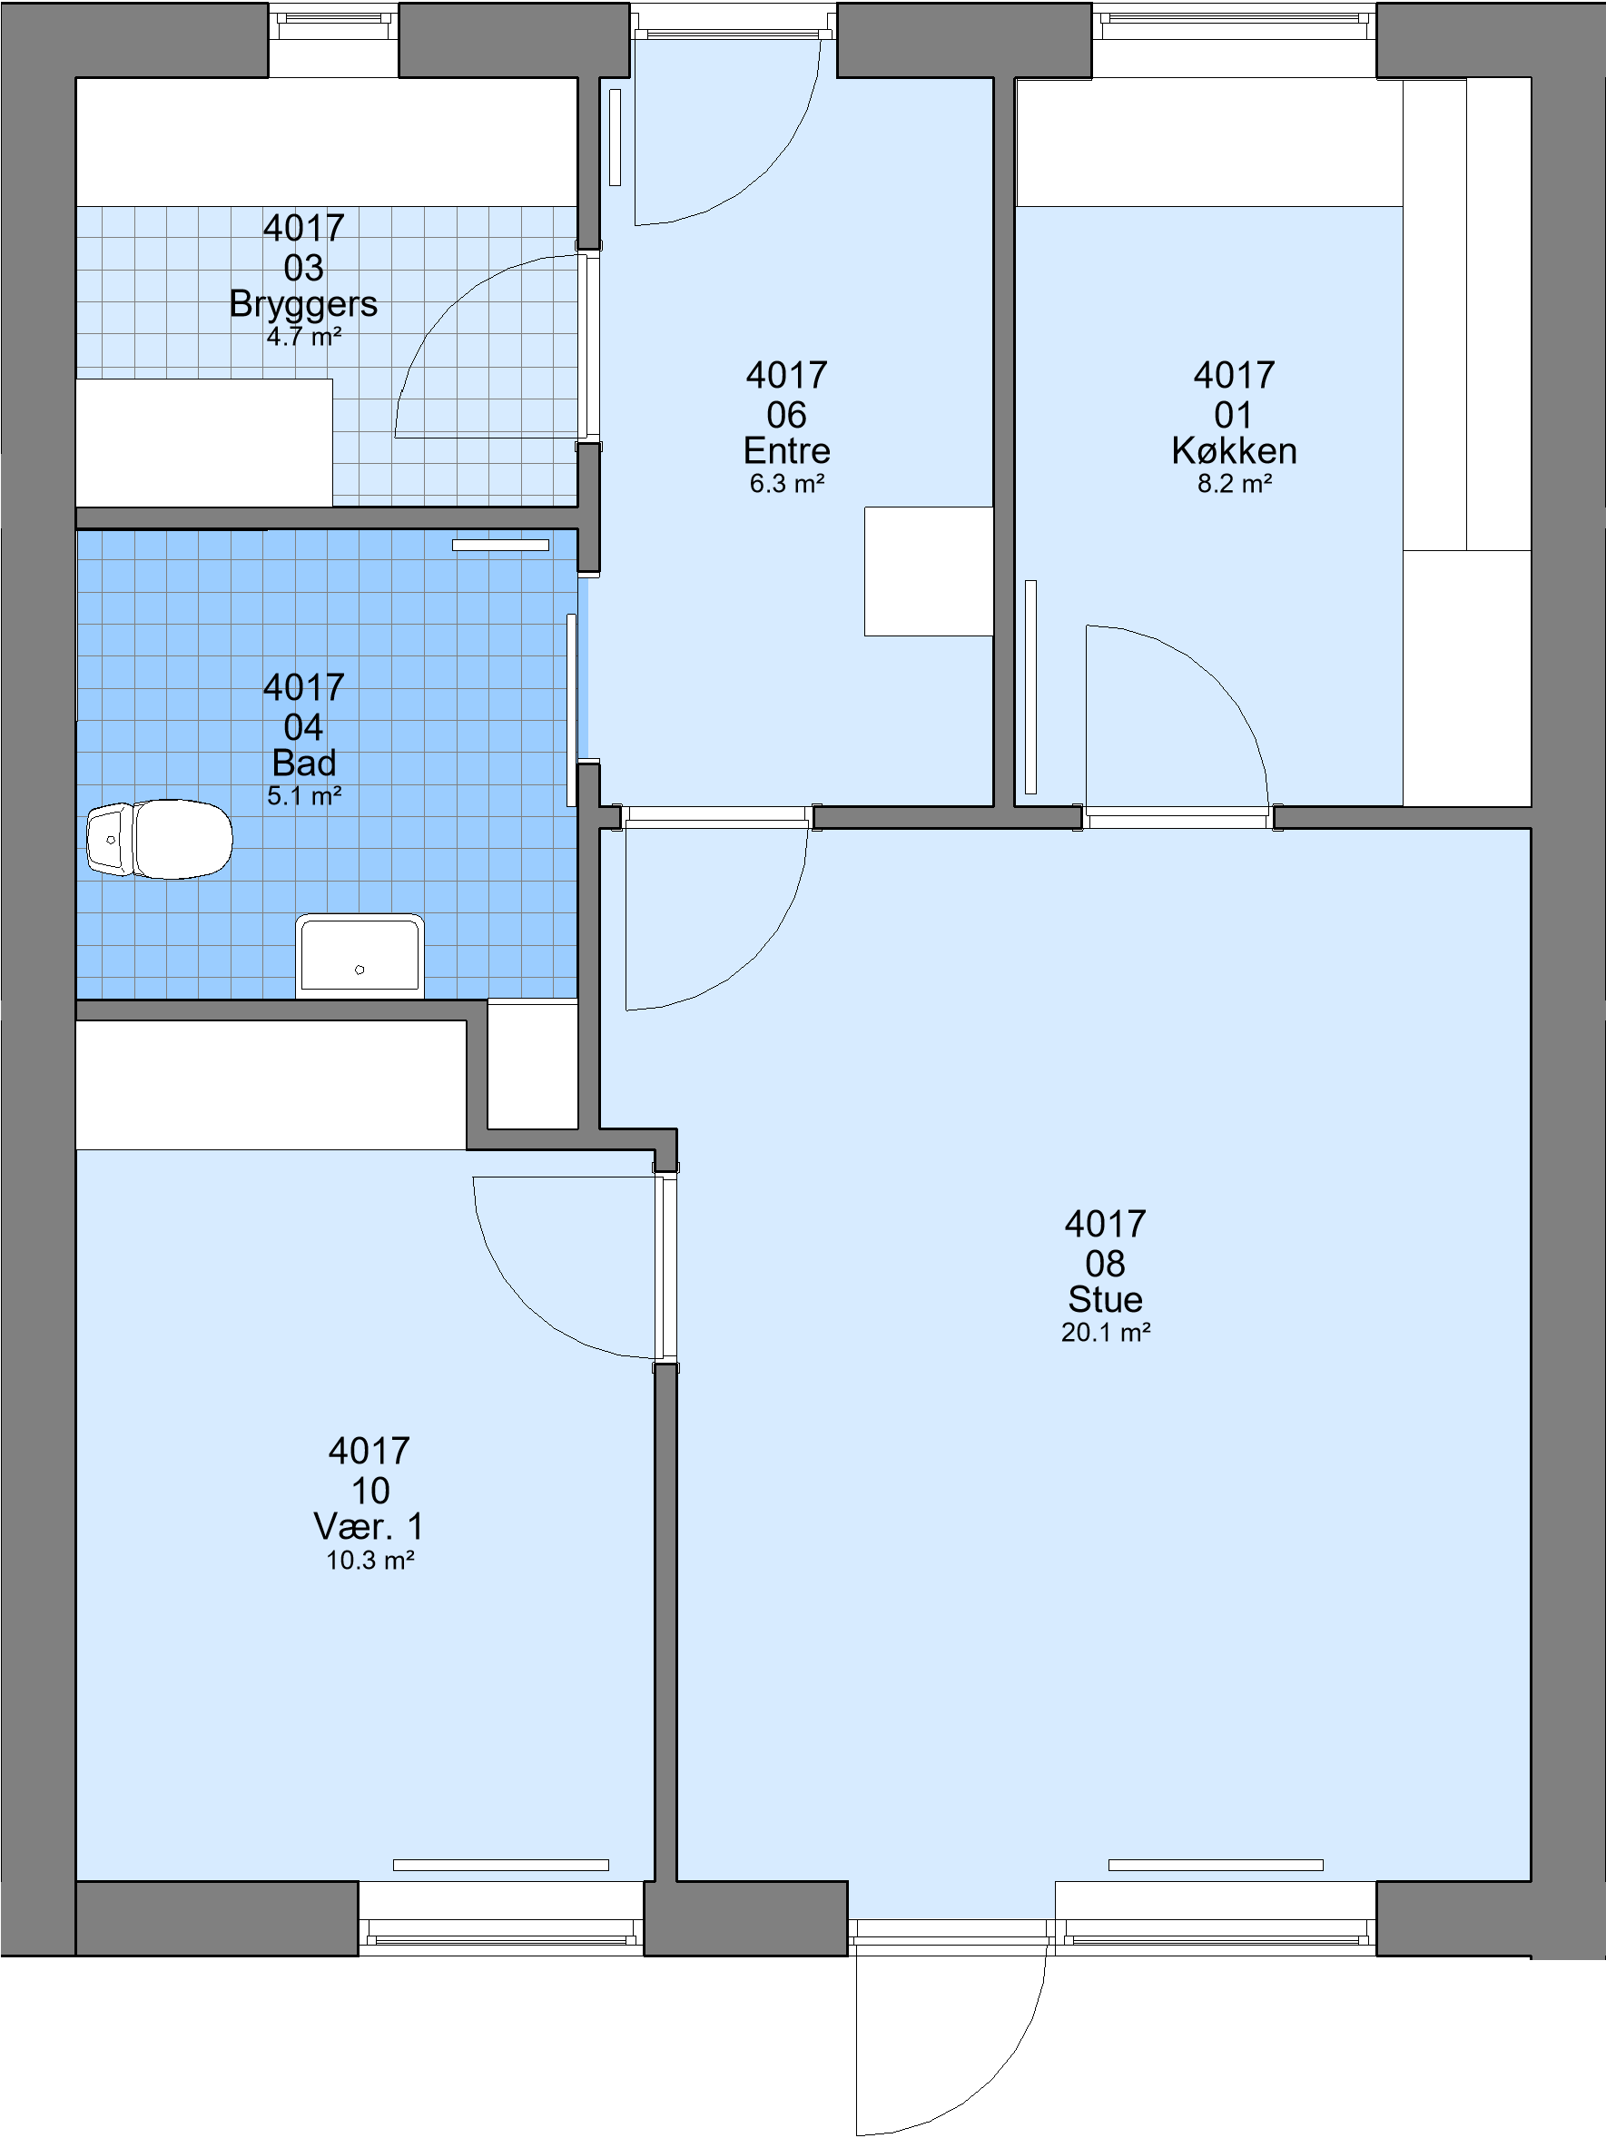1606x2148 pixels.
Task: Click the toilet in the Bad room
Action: [x=159, y=839]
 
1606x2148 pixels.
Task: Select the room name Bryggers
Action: [x=303, y=305]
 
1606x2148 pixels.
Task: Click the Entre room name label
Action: [x=786, y=450]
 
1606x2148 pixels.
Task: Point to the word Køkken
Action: [x=1234, y=450]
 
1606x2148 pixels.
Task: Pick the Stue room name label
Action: [x=1105, y=1299]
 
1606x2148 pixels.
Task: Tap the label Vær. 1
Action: [x=369, y=1526]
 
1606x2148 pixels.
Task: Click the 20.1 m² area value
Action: [x=1106, y=1333]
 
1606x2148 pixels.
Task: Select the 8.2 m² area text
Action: [x=1234, y=484]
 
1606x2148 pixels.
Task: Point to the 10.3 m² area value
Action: [x=369, y=1561]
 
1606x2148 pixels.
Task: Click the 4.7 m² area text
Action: [x=304, y=337]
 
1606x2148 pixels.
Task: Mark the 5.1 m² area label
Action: [x=304, y=796]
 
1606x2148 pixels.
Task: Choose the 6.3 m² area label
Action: [x=786, y=484]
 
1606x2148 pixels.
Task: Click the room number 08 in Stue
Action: [x=1105, y=1264]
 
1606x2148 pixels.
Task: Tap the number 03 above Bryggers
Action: [x=303, y=268]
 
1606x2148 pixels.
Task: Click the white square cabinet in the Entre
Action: [x=928, y=571]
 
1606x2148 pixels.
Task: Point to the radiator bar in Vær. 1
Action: [x=501, y=1866]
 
